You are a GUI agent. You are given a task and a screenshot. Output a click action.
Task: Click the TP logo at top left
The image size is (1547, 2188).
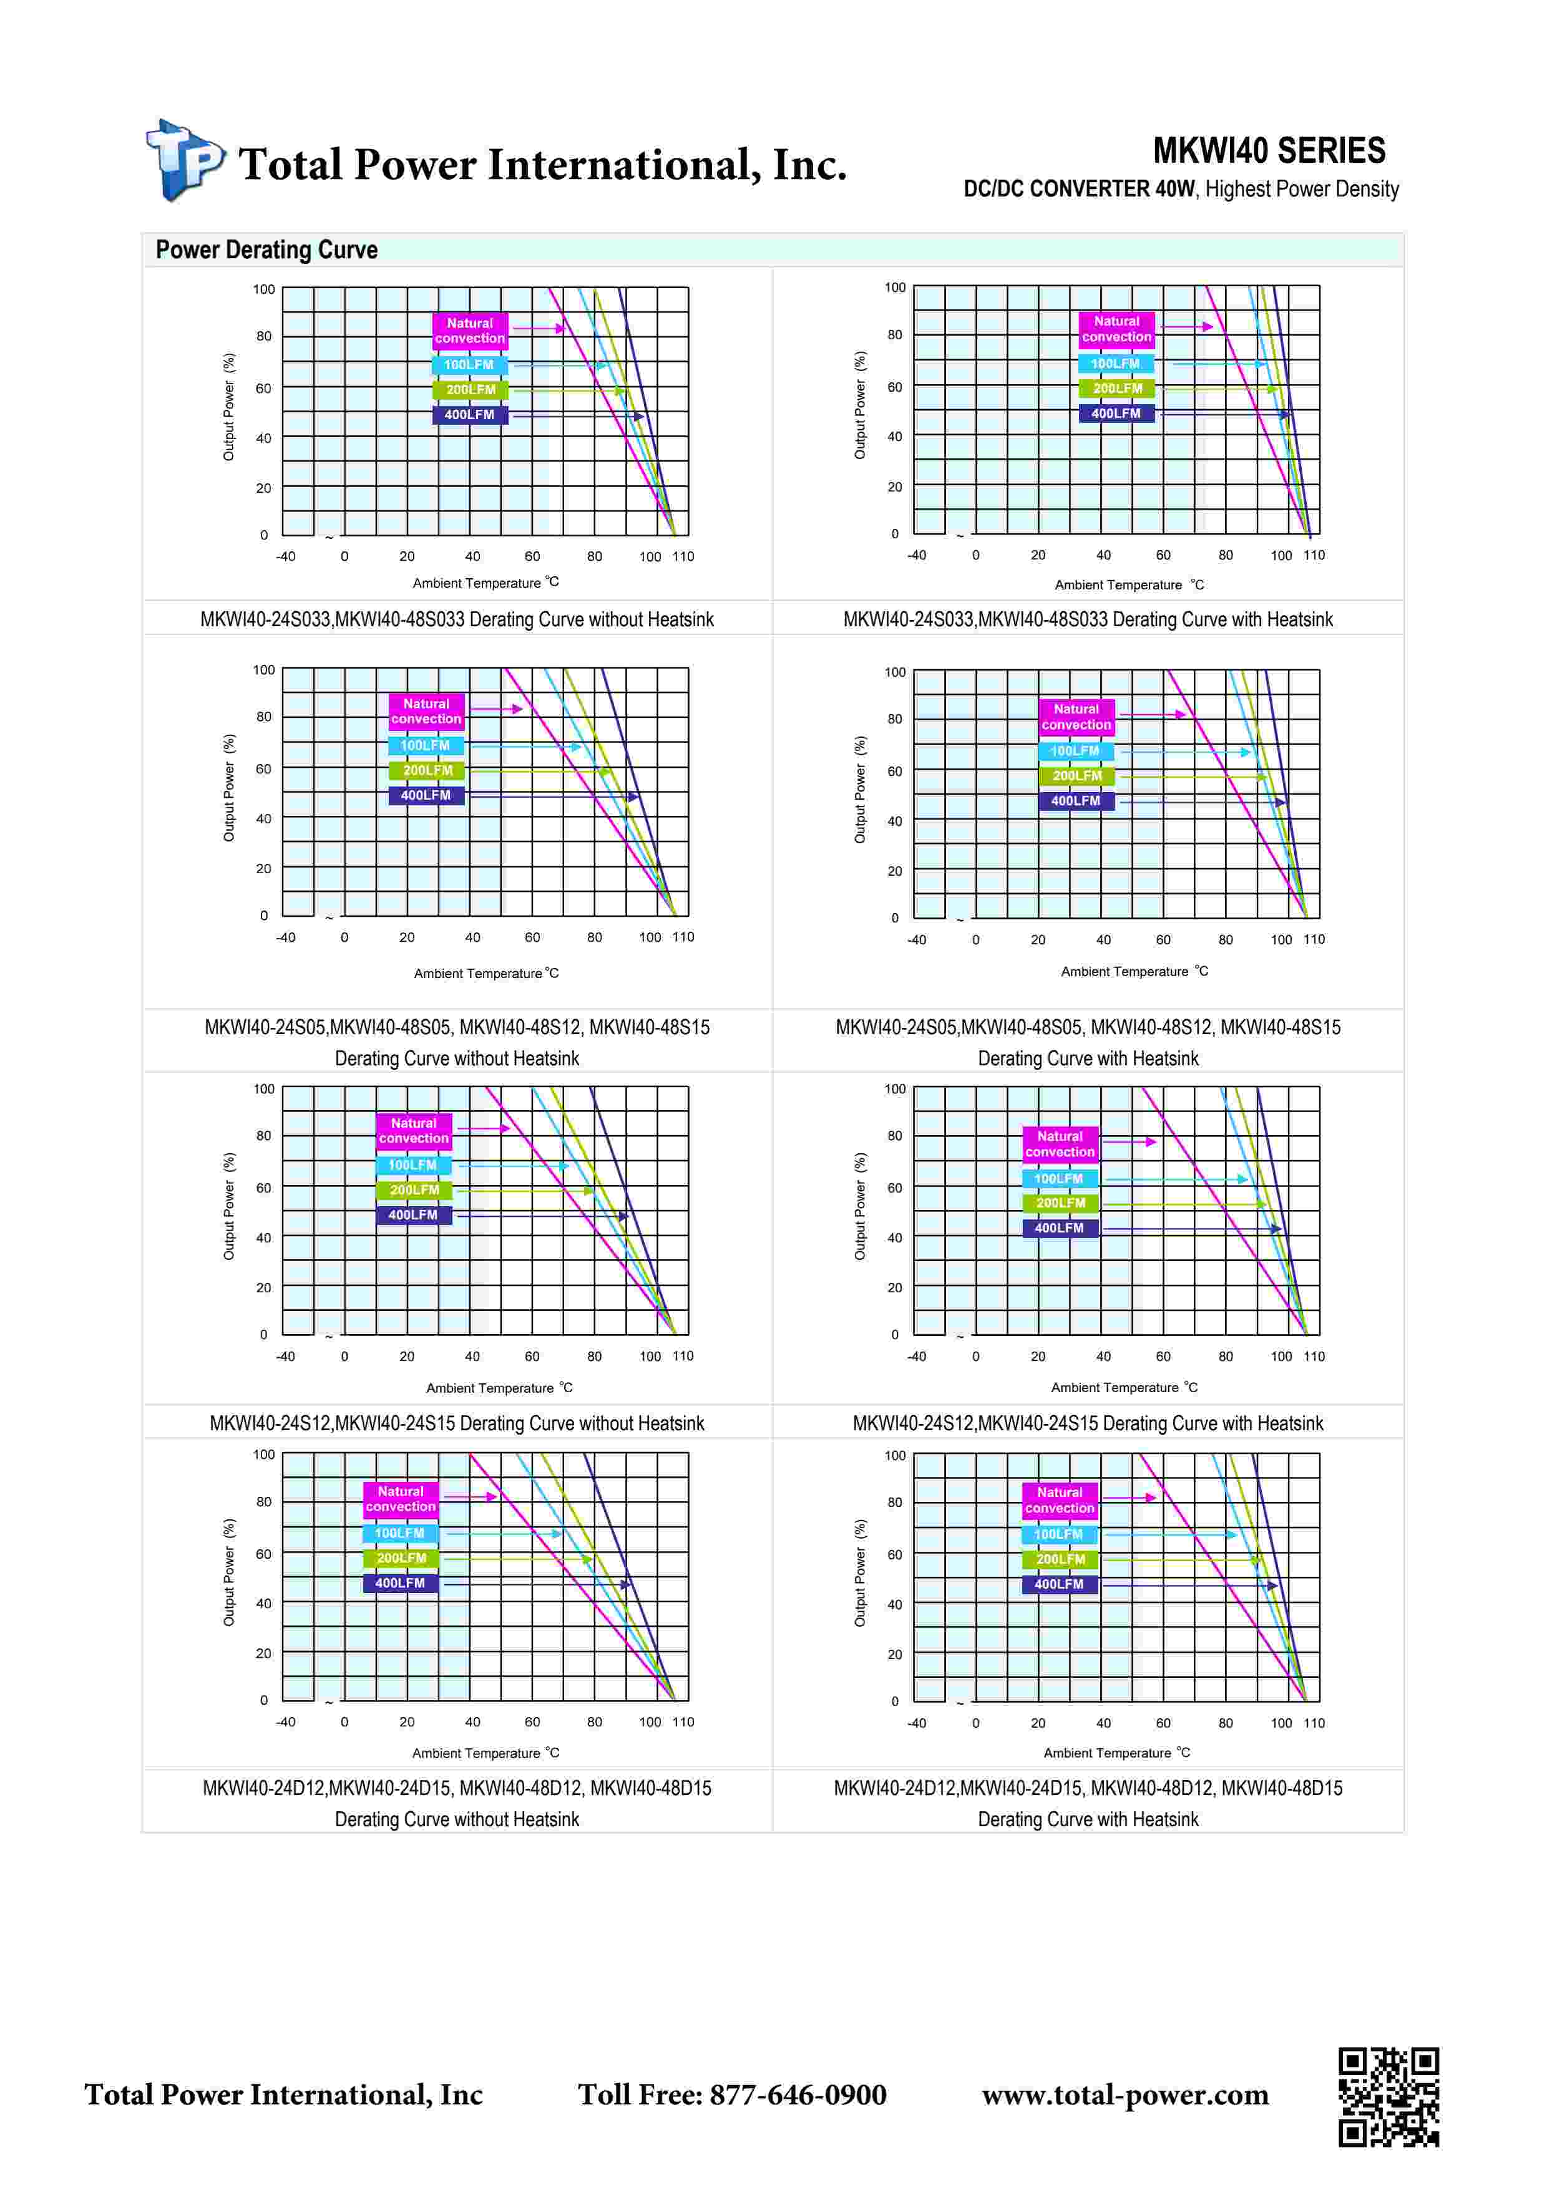point(184,160)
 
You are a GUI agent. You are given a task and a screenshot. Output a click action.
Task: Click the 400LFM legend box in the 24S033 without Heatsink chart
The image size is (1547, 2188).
point(470,415)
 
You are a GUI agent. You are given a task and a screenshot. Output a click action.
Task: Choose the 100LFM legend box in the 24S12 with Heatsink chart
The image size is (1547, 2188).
point(1059,1179)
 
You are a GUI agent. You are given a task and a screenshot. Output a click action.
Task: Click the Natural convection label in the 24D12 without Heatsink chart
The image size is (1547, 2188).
point(401,1499)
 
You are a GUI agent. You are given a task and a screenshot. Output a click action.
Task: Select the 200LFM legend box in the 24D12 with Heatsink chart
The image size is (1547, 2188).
point(1060,1559)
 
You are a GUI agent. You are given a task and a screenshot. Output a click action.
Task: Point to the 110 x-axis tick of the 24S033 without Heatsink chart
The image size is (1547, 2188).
point(683,556)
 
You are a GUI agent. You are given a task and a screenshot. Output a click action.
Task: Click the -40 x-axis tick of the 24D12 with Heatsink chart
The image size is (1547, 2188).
point(916,1723)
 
